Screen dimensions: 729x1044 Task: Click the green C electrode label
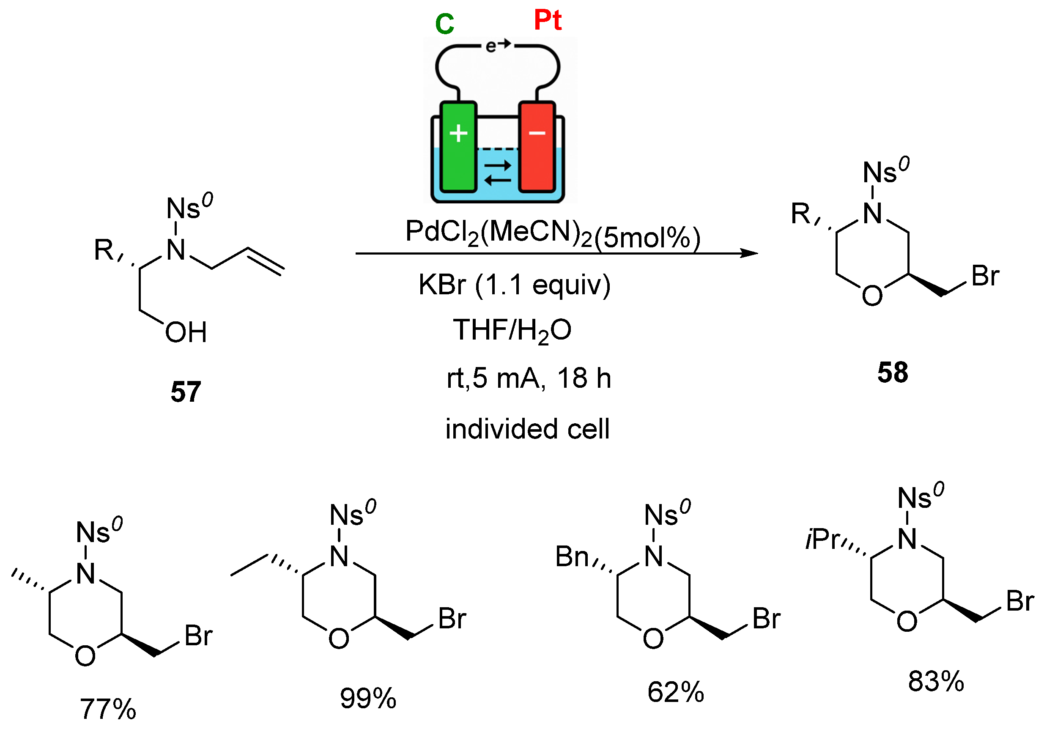[x=444, y=24]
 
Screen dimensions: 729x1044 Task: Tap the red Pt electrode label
[x=548, y=20]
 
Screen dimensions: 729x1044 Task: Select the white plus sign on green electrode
[x=458, y=133]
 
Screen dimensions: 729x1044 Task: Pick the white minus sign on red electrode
[x=537, y=133]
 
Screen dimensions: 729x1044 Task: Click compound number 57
[x=186, y=392]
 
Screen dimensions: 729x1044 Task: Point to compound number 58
[x=893, y=373]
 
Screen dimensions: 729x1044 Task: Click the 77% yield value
[x=108, y=709]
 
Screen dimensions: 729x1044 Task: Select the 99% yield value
[x=368, y=698]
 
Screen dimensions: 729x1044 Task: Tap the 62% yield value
[x=676, y=692]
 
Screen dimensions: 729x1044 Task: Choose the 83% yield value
[x=936, y=681]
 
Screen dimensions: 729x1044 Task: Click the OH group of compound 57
[x=186, y=332]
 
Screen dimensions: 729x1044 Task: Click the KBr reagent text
[x=442, y=285]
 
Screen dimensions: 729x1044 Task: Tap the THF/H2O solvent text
[x=512, y=330]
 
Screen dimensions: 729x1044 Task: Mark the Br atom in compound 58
[x=985, y=276]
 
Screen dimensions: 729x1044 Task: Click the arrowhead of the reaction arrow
[x=749, y=253]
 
